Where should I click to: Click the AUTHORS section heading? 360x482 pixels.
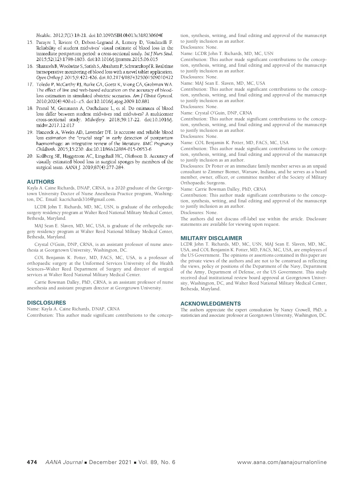coord(40,182)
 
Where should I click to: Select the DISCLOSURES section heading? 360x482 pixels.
coord(46,303)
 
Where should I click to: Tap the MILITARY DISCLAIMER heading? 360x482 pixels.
coord(211,238)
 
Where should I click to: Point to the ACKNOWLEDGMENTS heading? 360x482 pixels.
coord(211,303)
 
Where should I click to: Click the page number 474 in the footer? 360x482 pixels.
coord(32,462)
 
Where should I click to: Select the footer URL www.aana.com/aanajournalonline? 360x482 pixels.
coord(282,462)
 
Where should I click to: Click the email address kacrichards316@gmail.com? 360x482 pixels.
coord(87,199)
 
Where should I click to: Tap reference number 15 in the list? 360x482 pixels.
coord(30,42)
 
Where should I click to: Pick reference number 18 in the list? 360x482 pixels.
coord(30,108)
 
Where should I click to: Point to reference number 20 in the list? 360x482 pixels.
coord(30,156)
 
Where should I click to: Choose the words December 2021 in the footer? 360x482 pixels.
coord(110,462)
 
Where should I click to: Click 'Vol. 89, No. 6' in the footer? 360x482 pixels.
coord(157,462)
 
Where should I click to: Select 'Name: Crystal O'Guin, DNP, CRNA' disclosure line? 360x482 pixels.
coord(216,113)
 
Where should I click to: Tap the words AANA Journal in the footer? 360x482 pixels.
coord(64,462)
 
